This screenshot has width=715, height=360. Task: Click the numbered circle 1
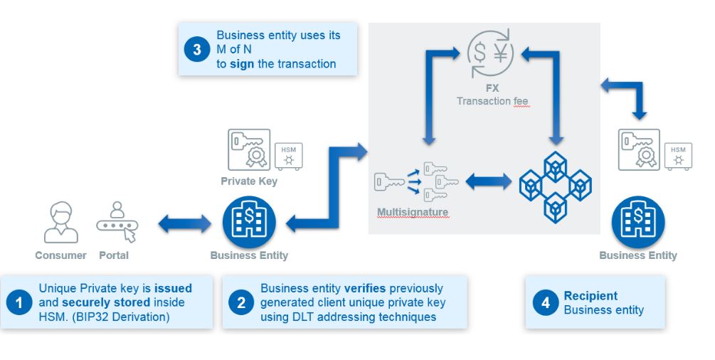pos(19,302)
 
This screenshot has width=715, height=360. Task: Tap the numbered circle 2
pos(241,302)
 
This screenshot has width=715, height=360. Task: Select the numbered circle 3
pos(197,49)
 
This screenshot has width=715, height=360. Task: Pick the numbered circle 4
pos(545,302)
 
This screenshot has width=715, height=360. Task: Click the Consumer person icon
pos(60,223)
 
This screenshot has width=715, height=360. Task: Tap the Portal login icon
pos(116,223)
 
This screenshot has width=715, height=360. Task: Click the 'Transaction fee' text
pos(492,101)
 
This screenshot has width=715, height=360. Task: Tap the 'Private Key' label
pos(249,181)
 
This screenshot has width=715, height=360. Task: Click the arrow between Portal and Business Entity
pos(185,224)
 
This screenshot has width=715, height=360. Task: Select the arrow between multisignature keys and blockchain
pos(488,181)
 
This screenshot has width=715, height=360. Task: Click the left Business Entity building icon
pos(249,221)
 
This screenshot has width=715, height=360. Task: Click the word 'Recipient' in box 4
pos(590,296)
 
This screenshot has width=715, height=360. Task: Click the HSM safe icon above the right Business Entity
pos(677,156)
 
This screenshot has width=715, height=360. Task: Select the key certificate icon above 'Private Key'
pos(249,149)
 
